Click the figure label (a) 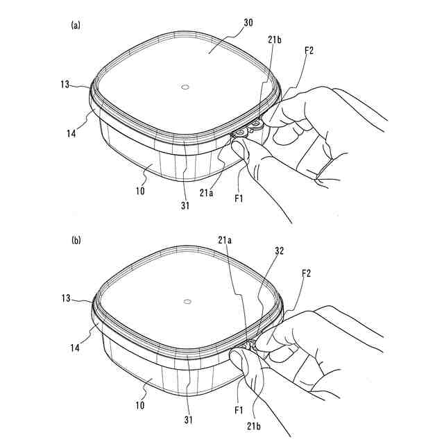coord(76,25)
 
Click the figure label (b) coord(76,241)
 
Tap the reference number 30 coord(248,23)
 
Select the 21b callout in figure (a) coord(275,40)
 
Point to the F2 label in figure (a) coord(309,51)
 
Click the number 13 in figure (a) coord(65,84)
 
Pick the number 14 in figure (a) coord(71,133)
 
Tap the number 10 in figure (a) coord(140,191)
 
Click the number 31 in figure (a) coord(185,205)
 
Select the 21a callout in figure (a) coord(207,193)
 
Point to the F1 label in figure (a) coord(239,198)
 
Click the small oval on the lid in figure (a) coord(185,87)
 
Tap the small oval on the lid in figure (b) coord(187,302)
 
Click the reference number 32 coord(279,251)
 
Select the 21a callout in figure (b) coord(225,240)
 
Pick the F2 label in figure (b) coord(306,273)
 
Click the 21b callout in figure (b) coord(253,426)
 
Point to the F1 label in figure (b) coord(239,410)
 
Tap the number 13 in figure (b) coord(66,298)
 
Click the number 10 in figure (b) coord(140,405)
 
